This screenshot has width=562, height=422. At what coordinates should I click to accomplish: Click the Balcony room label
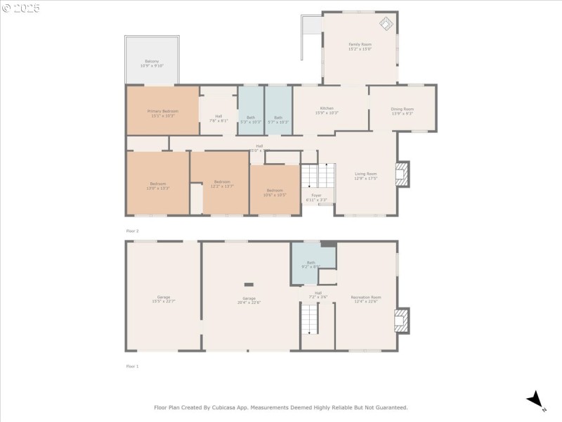coord(152,63)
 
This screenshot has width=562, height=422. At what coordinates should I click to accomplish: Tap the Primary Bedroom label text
coord(163,113)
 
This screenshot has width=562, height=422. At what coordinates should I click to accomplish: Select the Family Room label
coord(360,46)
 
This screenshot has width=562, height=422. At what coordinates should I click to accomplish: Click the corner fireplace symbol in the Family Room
coord(386,24)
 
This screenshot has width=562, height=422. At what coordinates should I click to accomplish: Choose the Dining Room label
coord(402,110)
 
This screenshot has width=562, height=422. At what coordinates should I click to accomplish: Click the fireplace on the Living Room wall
coord(402,174)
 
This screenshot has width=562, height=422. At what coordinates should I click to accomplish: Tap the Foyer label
coord(316,196)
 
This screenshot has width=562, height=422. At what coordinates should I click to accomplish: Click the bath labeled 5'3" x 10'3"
coord(251,119)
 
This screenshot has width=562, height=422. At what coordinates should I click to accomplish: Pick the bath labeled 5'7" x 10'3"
coord(278,119)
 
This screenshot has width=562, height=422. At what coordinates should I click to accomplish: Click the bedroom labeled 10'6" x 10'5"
coord(274,191)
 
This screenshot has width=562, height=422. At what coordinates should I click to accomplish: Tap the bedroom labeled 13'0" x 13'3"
coord(158,186)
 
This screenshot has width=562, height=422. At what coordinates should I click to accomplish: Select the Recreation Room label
coord(365,298)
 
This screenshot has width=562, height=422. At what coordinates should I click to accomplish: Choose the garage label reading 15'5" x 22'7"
coord(164,298)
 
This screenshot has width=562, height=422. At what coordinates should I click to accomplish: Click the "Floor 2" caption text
coord(132,231)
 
